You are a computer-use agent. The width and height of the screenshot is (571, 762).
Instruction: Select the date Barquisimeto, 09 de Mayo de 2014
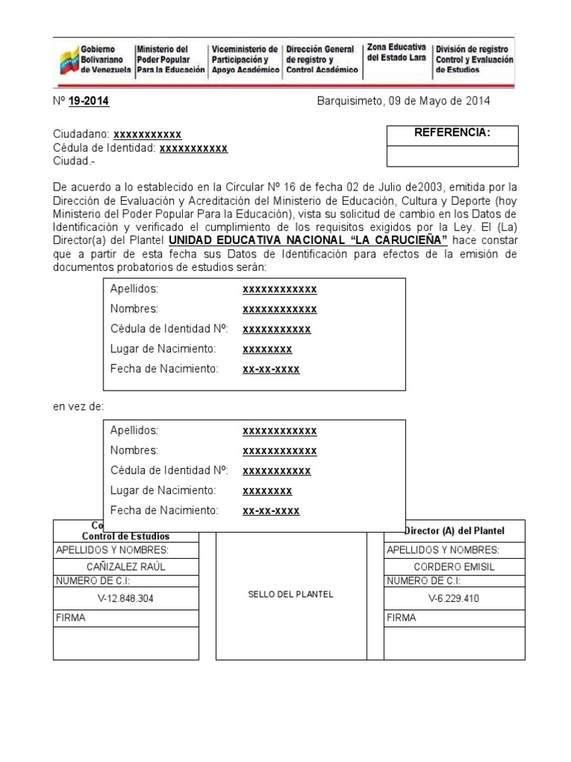pos(403,101)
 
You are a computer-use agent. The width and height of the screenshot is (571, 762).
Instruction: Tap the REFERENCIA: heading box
pos(452,134)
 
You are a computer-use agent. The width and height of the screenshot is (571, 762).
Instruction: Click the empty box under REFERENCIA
pos(452,156)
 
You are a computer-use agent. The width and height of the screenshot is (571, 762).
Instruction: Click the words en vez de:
pos(78,406)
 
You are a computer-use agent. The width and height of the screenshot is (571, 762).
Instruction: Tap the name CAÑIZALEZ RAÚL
pos(126,566)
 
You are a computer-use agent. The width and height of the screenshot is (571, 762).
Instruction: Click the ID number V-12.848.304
pos(126,598)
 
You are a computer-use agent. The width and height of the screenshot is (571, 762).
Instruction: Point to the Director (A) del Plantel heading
pos(454,531)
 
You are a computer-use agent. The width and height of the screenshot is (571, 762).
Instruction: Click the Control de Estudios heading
pos(126,536)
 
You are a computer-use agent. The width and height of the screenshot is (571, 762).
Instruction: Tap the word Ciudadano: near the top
pos(81,134)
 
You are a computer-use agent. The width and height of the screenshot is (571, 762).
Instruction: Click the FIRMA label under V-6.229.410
pos(401,618)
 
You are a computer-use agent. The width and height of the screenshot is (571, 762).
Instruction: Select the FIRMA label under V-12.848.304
pos(71,618)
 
